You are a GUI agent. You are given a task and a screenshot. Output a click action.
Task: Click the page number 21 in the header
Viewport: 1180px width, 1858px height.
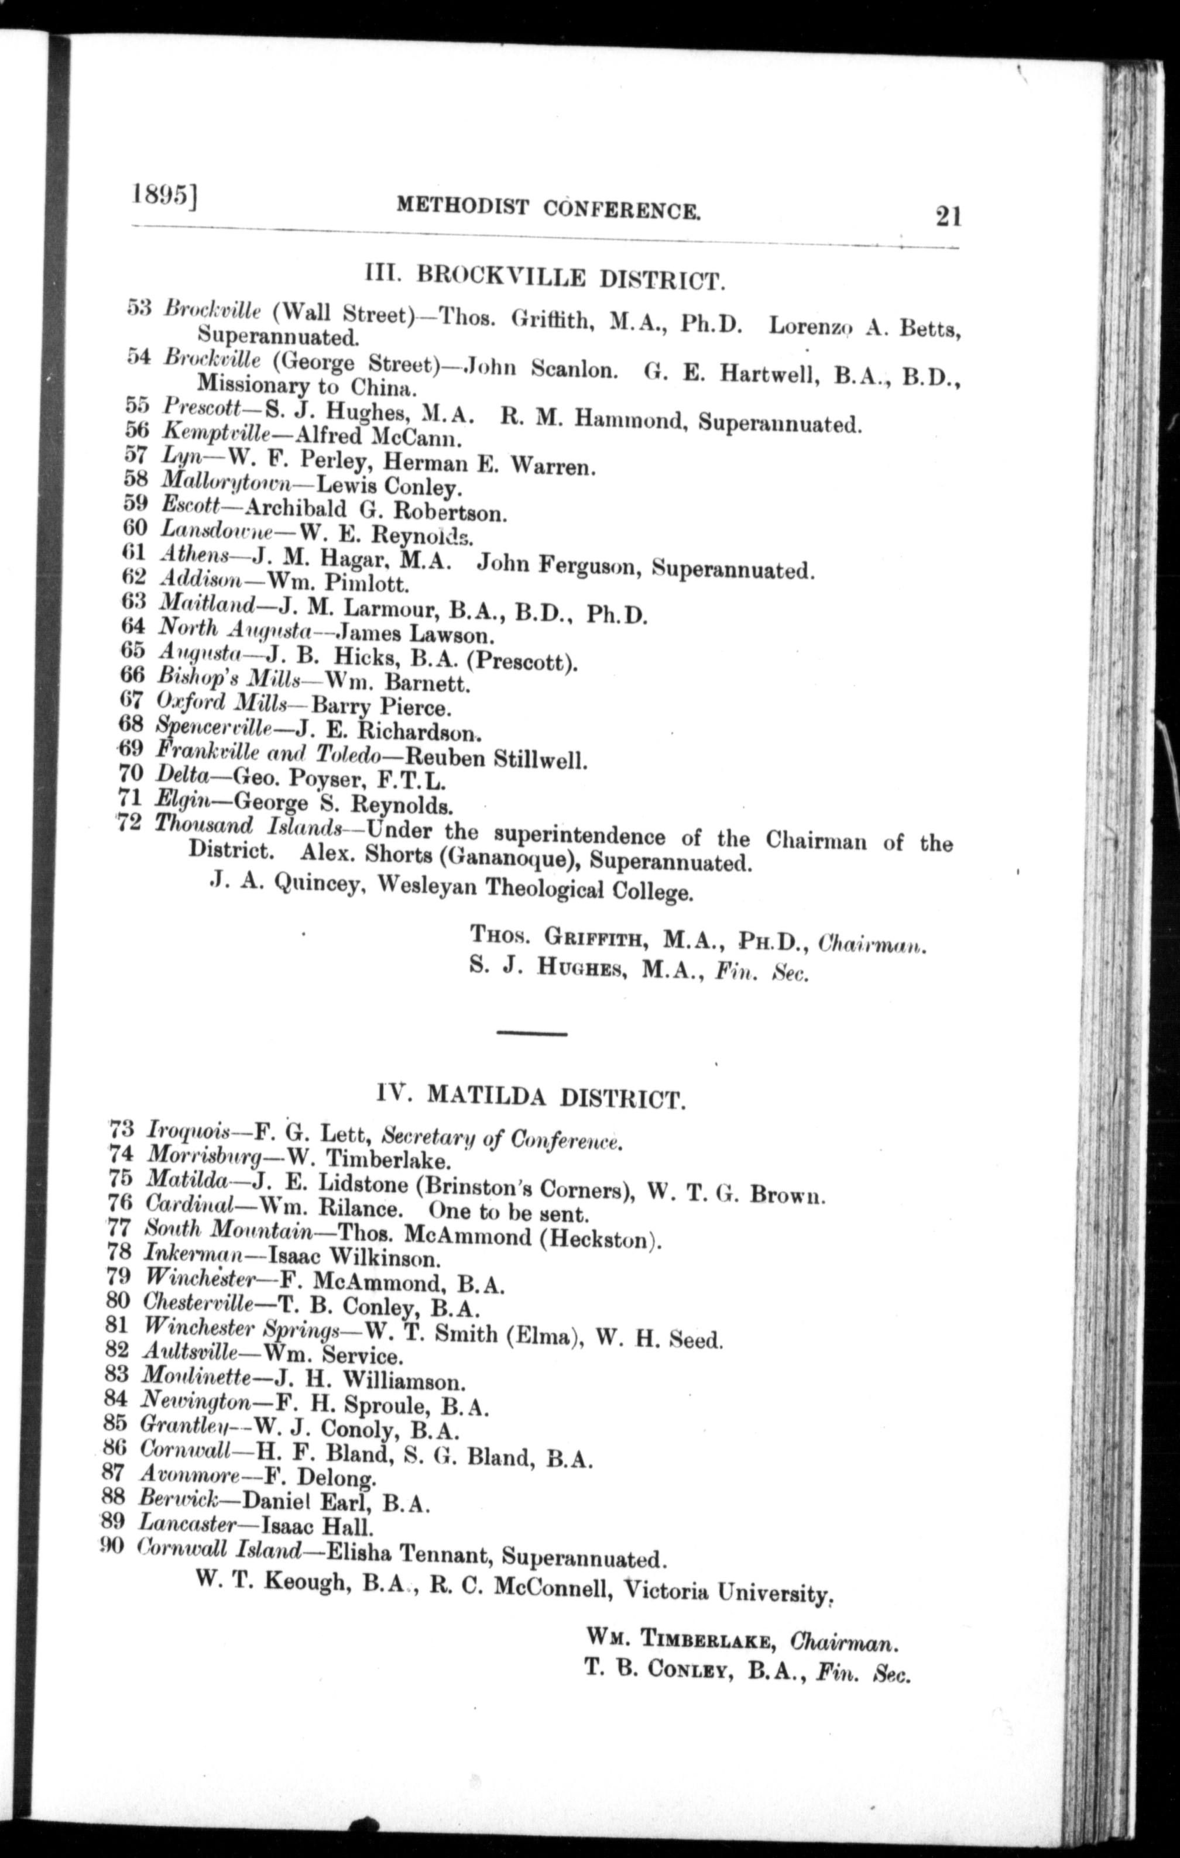click(x=947, y=216)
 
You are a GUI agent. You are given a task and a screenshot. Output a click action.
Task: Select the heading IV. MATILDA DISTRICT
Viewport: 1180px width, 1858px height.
click(x=531, y=1096)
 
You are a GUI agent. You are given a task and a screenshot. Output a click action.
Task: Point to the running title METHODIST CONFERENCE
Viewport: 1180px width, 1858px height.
click(x=548, y=208)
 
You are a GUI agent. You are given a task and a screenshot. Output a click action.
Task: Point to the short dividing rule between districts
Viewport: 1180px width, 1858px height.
click(x=531, y=1033)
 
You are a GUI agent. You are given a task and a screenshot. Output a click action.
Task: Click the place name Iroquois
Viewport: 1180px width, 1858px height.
click(x=187, y=1133)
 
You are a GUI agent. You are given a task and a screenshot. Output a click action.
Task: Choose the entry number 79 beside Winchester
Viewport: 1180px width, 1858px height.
click(x=118, y=1279)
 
